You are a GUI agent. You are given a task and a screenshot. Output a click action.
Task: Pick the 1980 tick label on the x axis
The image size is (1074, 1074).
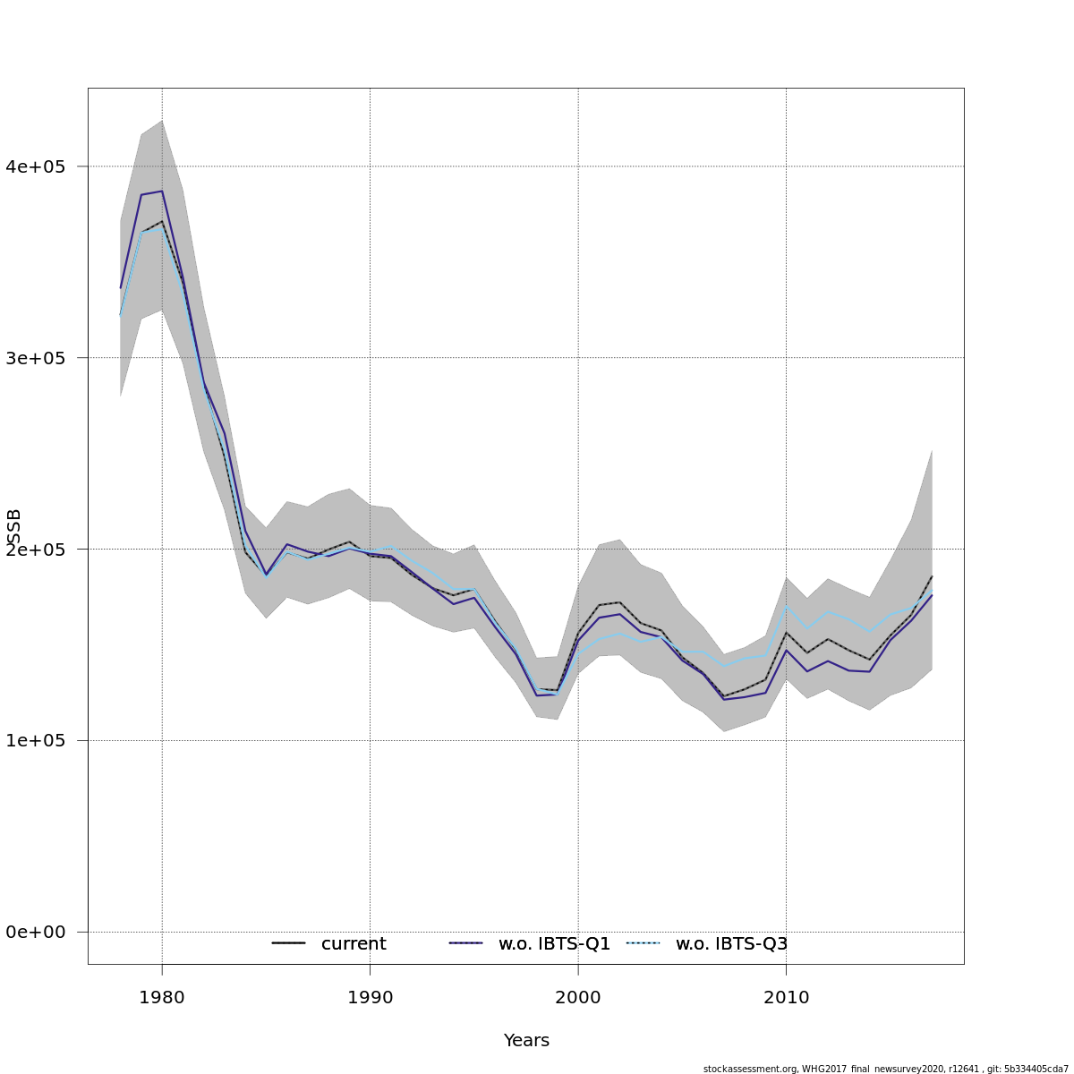[162, 998]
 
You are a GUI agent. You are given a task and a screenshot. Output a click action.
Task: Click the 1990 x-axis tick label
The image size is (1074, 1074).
[370, 998]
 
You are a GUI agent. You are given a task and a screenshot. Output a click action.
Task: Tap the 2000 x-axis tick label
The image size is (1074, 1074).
[578, 998]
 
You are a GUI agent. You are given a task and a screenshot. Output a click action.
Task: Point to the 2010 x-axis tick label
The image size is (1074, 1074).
[786, 998]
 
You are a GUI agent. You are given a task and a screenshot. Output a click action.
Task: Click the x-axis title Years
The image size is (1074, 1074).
[526, 1041]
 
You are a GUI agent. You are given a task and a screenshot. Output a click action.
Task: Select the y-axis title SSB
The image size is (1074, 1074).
[14, 527]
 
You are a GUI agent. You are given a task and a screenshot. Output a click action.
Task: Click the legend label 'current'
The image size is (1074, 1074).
[354, 944]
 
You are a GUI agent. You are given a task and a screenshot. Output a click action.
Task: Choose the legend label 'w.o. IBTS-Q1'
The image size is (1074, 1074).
[554, 944]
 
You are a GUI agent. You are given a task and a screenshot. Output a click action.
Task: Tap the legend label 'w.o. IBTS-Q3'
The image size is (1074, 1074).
[731, 944]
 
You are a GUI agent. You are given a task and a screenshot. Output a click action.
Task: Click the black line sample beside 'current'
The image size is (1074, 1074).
[289, 943]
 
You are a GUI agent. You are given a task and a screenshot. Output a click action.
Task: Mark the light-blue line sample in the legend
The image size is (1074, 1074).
[644, 943]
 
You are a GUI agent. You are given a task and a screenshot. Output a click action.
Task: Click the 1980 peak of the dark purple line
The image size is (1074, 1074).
[162, 191]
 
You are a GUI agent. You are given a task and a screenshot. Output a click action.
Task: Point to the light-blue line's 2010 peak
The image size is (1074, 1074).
[786, 606]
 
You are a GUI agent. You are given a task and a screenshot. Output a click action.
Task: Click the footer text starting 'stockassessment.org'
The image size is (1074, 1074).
[885, 1069]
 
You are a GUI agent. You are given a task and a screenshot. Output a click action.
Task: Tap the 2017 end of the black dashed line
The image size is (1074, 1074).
[932, 575]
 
